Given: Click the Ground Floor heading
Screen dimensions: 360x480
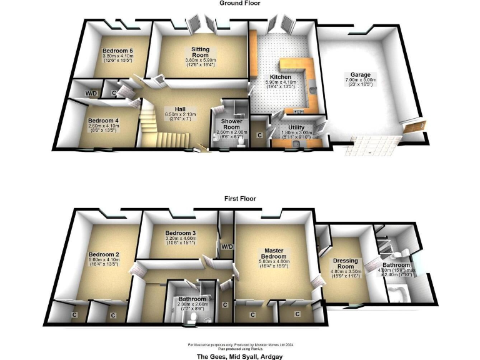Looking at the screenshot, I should [x=239, y=3].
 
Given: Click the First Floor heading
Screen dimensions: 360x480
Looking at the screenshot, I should [x=239, y=199].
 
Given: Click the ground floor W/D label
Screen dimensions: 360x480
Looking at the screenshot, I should [x=92, y=94].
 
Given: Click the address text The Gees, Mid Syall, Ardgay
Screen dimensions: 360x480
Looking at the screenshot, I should [x=239, y=356].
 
